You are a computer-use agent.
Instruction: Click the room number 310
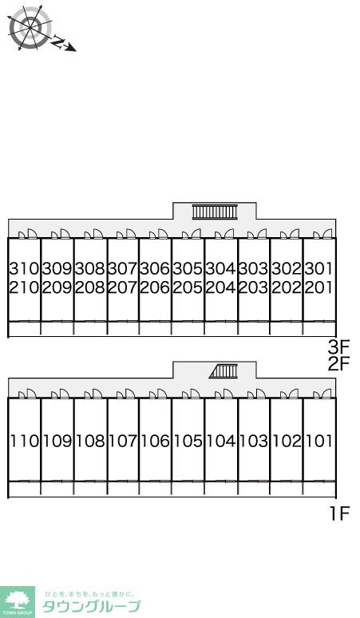point(25,268)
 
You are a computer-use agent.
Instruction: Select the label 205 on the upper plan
point(188,287)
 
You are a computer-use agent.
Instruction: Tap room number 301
point(319,268)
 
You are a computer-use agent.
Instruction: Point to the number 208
point(90,287)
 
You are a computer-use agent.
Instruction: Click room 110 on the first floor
point(25,441)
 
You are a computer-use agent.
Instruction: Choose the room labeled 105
point(188,441)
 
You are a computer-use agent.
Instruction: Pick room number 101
point(319,441)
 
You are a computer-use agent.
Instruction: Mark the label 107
point(123,441)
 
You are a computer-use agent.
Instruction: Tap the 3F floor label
point(338,347)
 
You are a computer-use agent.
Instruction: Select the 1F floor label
point(339,513)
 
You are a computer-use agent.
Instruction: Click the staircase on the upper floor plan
point(215,212)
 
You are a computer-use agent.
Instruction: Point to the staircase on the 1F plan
point(224,370)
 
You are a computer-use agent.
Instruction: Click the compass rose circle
point(30,27)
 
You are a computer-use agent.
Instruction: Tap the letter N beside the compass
point(58,42)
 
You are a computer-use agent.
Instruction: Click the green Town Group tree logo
point(18,602)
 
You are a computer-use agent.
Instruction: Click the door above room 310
point(29,233)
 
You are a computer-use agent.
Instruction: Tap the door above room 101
point(322,394)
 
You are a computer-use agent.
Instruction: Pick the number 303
point(254,268)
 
